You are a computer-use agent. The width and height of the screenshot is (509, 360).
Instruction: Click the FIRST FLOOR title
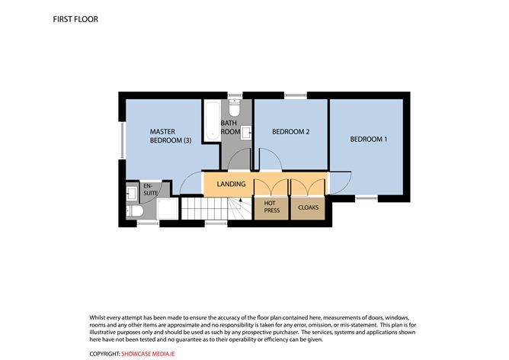[75, 19]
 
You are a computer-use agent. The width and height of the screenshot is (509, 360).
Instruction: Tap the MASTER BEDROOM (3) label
[171, 136]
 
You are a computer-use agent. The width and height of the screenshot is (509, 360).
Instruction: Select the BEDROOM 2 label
[290, 132]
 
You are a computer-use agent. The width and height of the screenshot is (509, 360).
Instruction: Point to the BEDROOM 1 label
[369, 139]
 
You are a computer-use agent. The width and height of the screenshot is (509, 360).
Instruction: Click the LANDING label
[231, 184]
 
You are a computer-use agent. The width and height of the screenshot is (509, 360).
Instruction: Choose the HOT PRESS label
[272, 207]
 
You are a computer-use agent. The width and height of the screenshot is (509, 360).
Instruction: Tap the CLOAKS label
[308, 207]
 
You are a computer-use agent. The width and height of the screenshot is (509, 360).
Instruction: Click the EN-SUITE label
[150, 189]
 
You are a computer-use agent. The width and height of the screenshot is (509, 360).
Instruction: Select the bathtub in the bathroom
[213, 121]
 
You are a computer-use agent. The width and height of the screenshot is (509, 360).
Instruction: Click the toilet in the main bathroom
[234, 108]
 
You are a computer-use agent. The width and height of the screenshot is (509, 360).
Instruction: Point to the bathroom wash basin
[246, 133]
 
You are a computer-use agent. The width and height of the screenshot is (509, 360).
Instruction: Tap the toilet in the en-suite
[135, 211]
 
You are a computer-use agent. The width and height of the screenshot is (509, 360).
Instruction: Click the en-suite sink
[132, 194]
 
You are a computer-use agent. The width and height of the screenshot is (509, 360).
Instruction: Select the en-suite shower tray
[167, 208]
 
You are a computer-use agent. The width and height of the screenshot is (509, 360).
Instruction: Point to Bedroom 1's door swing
[340, 182]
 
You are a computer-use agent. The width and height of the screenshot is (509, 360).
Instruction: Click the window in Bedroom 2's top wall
[296, 95]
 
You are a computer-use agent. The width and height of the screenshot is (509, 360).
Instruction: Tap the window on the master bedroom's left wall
[123, 140]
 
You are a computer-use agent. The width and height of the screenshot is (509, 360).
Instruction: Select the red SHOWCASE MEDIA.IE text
[148, 354]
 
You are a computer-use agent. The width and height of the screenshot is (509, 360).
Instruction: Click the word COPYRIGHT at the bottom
[104, 354]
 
